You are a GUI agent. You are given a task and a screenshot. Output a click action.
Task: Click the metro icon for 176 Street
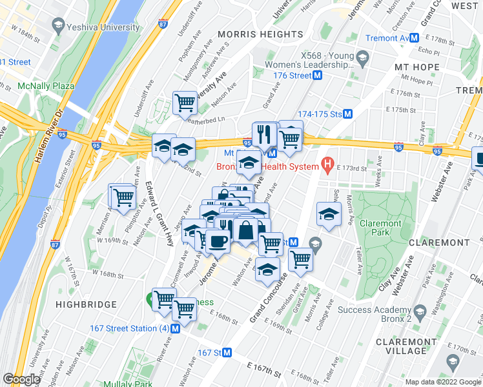tap(318, 75)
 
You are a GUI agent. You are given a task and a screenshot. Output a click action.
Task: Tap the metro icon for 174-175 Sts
tap(347, 114)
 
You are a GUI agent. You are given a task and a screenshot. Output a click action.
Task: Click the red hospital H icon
tap(328, 166)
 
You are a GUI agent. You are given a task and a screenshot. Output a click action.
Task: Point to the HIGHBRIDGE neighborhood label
tap(86, 304)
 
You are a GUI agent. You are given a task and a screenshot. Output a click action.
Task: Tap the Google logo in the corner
tap(21, 379)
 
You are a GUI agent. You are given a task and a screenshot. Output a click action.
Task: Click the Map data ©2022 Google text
tap(442, 382)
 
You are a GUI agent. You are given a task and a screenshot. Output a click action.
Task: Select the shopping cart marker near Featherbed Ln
tap(185, 102)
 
